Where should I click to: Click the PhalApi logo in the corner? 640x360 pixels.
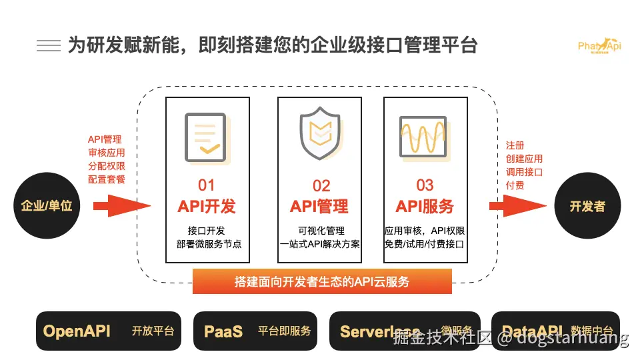(599, 45)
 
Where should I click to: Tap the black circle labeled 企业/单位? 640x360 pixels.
(47, 205)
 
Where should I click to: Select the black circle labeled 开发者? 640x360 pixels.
(587, 206)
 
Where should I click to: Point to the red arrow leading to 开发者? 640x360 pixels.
(517, 205)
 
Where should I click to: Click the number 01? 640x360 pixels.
(207, 185)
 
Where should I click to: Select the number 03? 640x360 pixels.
(425, 185)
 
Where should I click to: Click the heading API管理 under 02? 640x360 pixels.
(319, 207)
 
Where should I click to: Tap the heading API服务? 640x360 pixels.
(425, 207)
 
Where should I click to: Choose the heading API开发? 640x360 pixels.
(207, 207)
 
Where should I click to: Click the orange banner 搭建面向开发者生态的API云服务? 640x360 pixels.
(322, 281)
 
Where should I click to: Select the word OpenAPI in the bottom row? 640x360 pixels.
(77, 331)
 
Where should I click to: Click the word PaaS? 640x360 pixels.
(223, 331)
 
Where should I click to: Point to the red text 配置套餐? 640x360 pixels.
(107, 179)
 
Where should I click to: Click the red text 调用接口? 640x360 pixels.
(524, 172)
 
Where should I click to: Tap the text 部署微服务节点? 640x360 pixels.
(209, 244)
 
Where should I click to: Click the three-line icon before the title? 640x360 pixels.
(49, 45)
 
